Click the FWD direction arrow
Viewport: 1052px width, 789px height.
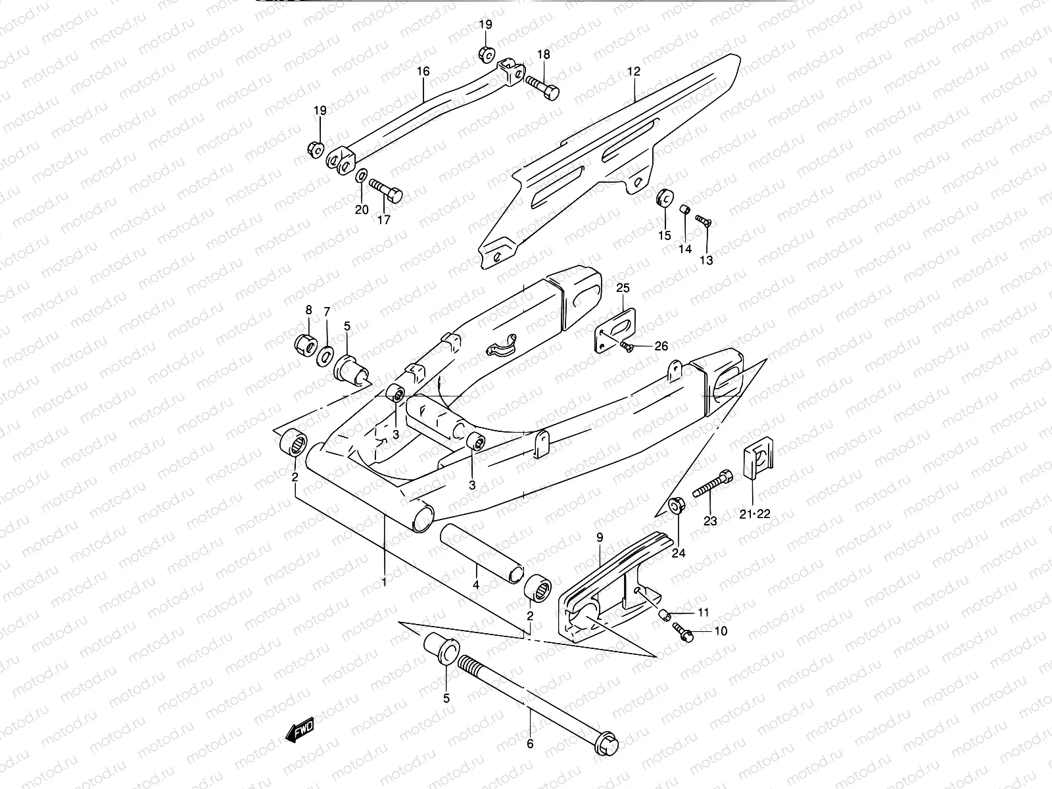(300, 729)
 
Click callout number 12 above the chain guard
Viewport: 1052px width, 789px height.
(633, 71)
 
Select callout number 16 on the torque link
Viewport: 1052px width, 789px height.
(423, 71)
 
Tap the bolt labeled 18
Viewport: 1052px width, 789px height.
(542, 86)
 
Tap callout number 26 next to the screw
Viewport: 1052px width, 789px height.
(660, 347)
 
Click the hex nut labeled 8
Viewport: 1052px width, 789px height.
(305, 343)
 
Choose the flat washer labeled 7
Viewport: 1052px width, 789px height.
(325, 356)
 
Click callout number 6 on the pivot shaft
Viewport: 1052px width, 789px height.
(530, 744)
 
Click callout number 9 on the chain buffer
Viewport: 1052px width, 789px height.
(600, 537)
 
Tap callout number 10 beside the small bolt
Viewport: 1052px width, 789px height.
(721, 631)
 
